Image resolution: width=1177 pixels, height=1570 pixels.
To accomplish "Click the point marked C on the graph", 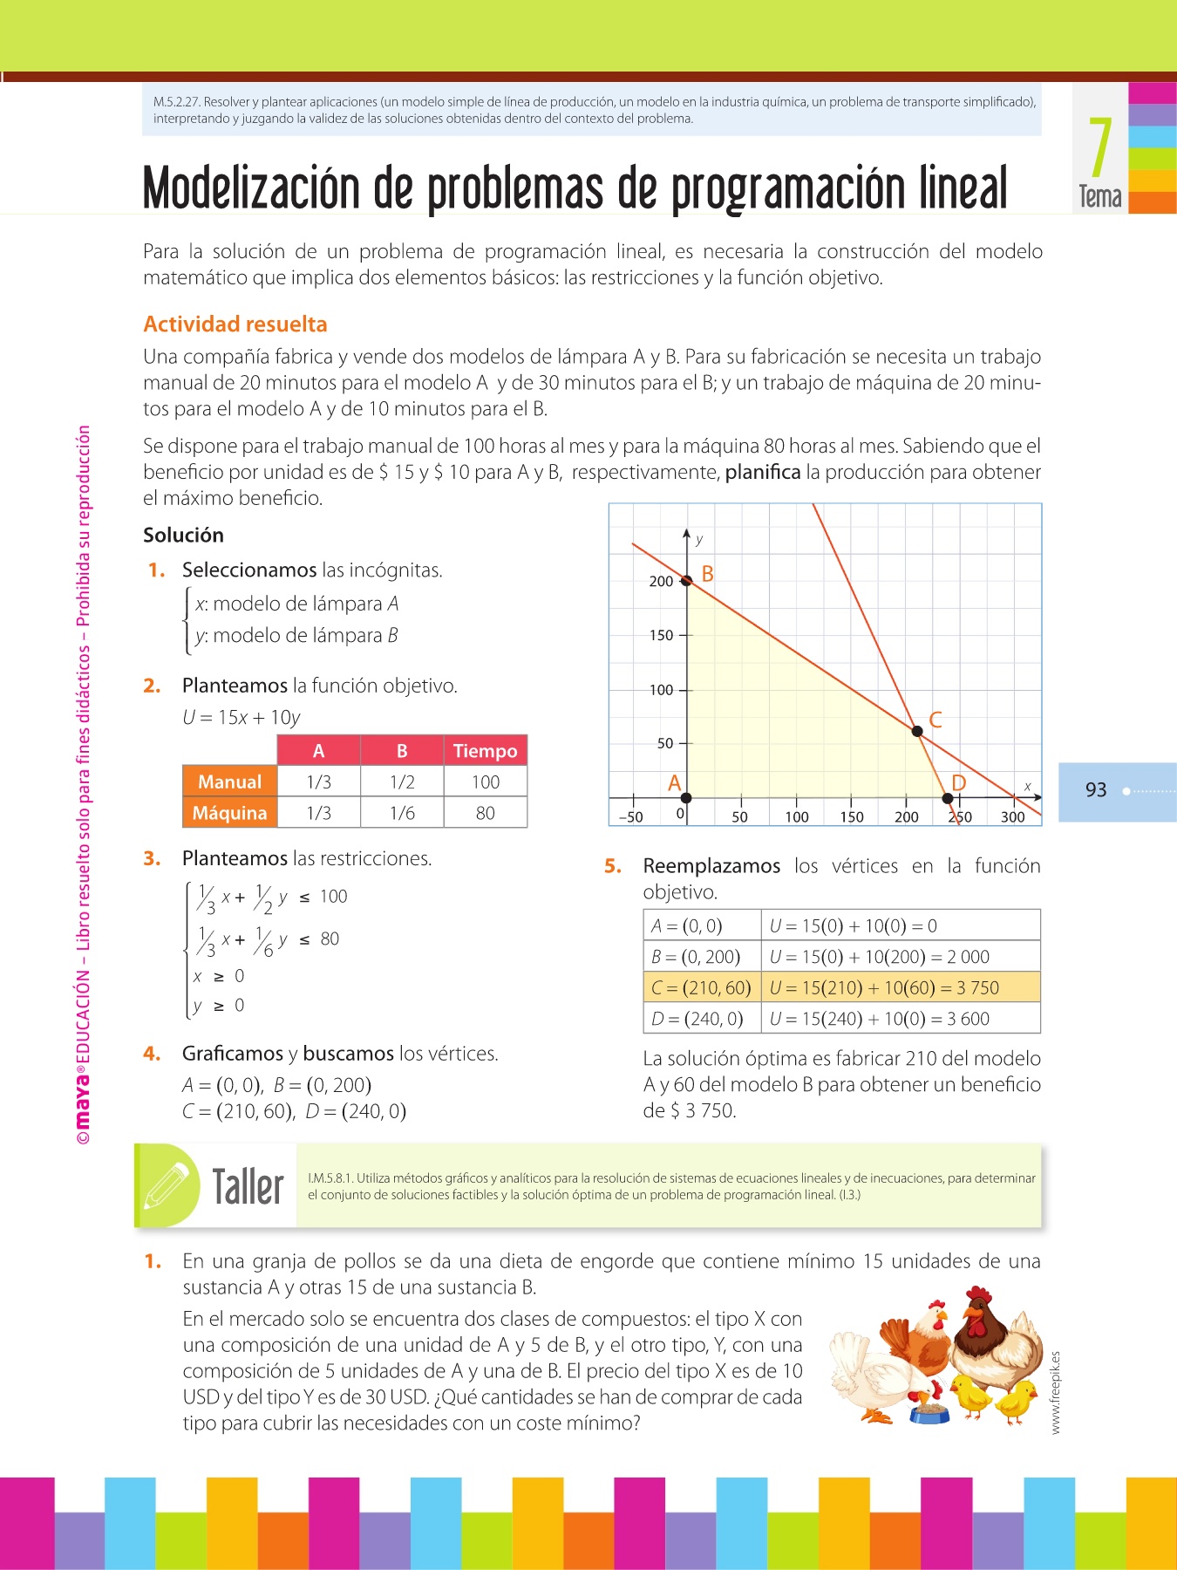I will click(916, 731).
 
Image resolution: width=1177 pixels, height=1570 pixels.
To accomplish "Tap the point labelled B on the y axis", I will click(686, 580).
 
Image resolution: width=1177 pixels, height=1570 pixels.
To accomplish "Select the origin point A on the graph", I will click(686, 797).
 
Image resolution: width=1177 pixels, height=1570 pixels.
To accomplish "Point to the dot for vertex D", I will click(948, 797).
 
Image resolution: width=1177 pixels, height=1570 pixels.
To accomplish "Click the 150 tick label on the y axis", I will click(662, 636).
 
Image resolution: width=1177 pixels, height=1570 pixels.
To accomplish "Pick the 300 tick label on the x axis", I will click(1012, 817).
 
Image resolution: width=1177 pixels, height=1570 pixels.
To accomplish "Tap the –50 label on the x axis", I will click(630, 817).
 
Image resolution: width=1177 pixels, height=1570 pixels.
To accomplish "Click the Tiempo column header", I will click(485, 751).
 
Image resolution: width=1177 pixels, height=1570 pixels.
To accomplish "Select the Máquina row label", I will click(229, 813).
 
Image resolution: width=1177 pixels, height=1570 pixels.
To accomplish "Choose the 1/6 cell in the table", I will click(402, 813).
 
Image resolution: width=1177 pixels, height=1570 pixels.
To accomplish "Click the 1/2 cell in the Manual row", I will click(402, 782).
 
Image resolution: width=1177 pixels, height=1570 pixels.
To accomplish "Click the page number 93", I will click(1096, 790).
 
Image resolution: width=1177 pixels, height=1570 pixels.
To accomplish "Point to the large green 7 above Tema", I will click(1100, 148).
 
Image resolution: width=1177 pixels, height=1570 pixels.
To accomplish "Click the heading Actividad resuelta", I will click(235, 324).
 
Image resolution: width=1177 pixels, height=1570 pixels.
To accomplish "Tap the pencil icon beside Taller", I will click(167, 1185).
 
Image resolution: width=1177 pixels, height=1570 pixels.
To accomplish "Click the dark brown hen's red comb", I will click(978, 1294).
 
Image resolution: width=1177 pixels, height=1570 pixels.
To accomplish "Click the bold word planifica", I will click(763, 473).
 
